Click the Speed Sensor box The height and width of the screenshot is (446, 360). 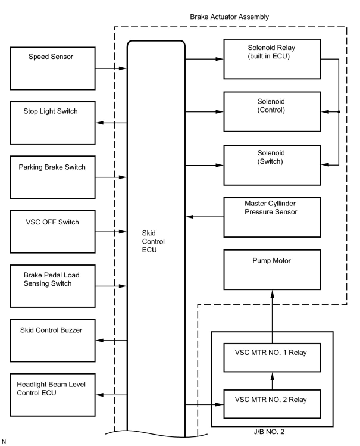coord(53,68)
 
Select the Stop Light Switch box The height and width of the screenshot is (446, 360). coord(53,123)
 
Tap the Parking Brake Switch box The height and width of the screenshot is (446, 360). coord(53,177)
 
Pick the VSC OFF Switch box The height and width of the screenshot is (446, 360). coord(53,232)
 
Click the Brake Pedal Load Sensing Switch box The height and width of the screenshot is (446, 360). coord(53,286)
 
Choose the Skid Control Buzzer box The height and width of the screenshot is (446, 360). coord(53,340)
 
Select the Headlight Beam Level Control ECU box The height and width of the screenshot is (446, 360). coord(53,395)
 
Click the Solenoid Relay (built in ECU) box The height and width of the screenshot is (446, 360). coord(272,59)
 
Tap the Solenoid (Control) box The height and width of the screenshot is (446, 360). coord(272,112)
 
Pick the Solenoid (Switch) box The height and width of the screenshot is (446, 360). coord(272,165)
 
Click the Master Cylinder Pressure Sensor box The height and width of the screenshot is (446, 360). coord(272,217)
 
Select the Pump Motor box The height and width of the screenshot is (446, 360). coord(272,269)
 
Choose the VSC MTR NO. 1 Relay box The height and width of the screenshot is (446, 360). coord(272,358)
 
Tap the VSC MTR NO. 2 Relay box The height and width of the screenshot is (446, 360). coord(272,404)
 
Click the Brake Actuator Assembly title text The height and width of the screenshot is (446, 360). coord(229,17)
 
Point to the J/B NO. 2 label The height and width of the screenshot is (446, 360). coord(269,432)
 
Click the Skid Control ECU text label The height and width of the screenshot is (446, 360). coord(153,241)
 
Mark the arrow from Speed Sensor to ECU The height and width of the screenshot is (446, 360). coord(111,68)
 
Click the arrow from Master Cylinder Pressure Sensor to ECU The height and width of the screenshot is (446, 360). coord(205,217)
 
